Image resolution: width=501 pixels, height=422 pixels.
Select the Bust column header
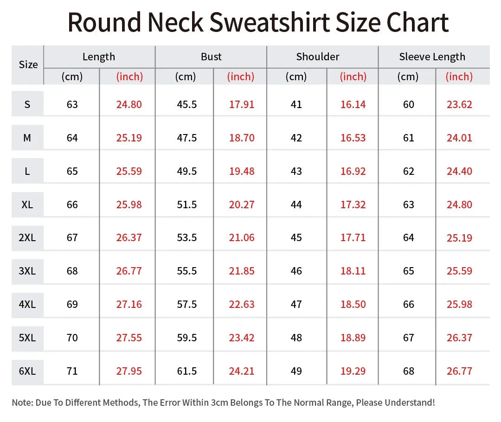[x=211, y=57]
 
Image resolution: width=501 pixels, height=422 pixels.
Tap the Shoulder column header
[x=318, y=57]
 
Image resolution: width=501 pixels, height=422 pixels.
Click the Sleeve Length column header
[x=432, y=57]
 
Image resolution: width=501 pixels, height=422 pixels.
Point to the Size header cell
[x=28, y=64]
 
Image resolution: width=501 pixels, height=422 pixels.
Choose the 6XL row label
[x=27, y=371]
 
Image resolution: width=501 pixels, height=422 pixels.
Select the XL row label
[x=27, y=205]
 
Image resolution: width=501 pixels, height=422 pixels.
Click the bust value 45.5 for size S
[x=187, y=104]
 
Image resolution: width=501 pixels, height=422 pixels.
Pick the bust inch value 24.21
[x=242, y=371]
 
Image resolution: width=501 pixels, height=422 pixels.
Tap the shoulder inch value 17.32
[x=353, y=205]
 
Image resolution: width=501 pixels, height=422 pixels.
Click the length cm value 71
[x=72, y=371]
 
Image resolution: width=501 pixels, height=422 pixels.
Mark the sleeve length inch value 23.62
[x=459, y=104]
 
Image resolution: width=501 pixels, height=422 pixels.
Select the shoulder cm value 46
[x=296, y=271]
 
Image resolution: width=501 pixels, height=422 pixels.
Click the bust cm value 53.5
[x=187, y=237]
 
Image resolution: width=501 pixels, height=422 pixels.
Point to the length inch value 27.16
[x=129, y=304]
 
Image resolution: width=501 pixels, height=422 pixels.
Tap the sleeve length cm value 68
[x=409, y=371]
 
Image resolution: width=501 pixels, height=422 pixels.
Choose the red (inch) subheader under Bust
[x=241, y=77]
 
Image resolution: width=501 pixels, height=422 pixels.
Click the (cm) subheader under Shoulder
[x=296, y=77]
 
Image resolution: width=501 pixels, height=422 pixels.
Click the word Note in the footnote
[x=22, y=403]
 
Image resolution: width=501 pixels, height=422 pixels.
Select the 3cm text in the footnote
[x=219, y=403]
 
